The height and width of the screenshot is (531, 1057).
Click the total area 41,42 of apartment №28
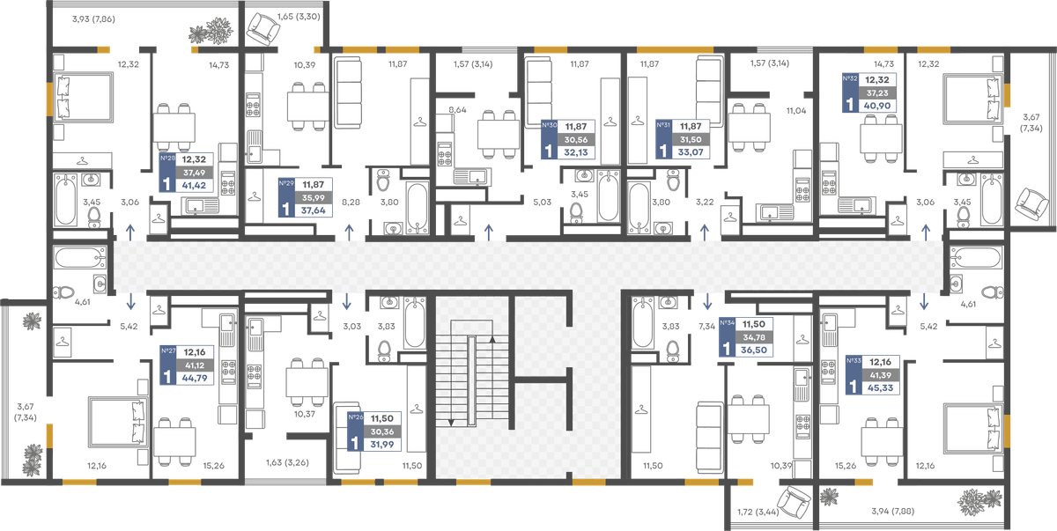[194, 185]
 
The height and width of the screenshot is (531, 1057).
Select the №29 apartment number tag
[286, 183]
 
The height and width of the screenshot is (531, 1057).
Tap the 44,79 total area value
[195, 378]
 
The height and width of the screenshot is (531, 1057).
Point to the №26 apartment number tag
[356, 417]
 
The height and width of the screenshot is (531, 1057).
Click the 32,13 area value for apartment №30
[576, 152]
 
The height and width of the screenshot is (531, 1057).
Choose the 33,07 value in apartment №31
[691, 151]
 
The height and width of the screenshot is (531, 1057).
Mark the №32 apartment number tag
[850, 78]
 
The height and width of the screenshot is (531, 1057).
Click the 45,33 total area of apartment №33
[880, 387]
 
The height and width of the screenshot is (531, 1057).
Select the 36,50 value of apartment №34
[754, 350]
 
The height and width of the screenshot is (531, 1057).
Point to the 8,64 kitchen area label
[457, 110]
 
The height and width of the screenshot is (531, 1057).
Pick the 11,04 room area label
[796, 111]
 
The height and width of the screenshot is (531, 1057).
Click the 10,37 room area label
[305, 414]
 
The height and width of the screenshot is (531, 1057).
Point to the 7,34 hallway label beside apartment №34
[706, 327]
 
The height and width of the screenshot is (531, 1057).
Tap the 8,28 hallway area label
[351, 203]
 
